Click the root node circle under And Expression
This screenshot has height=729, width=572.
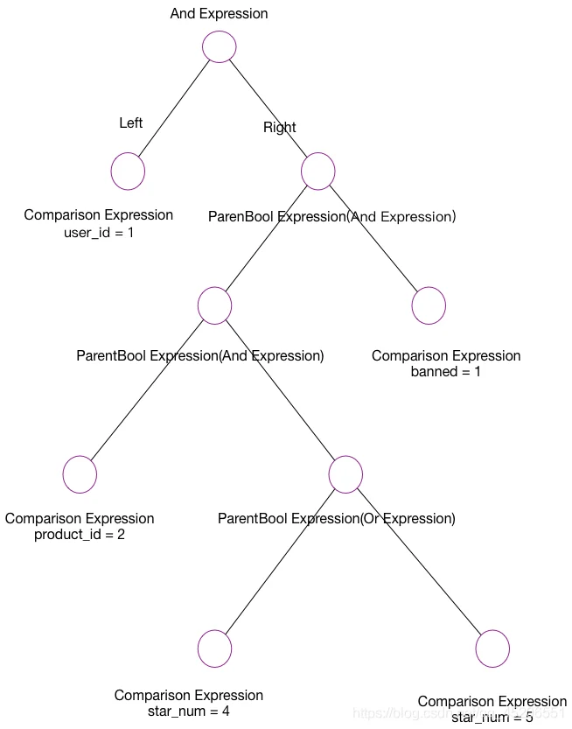219,47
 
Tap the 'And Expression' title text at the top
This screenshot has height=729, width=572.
219,14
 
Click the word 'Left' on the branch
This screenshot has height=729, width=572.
131,123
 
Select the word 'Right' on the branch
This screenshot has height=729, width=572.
280,128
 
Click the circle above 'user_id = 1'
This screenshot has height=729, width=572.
128,172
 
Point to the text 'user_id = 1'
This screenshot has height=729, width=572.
99,233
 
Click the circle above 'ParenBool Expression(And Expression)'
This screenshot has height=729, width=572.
318,172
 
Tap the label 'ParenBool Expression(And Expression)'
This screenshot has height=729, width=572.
331,216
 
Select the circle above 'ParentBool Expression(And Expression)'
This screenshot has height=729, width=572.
214,305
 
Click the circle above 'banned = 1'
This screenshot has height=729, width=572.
429,305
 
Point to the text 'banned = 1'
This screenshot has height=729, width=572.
446,372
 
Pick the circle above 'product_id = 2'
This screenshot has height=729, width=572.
80,474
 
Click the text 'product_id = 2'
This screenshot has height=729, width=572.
80,535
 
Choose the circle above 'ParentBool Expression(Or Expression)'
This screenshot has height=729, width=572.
345,474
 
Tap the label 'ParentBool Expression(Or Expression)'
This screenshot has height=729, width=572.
337,519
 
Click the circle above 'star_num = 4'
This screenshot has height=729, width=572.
214,648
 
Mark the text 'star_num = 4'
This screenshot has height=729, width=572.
189,711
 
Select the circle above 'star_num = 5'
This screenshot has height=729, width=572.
492,648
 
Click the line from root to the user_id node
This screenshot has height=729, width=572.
175,107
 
